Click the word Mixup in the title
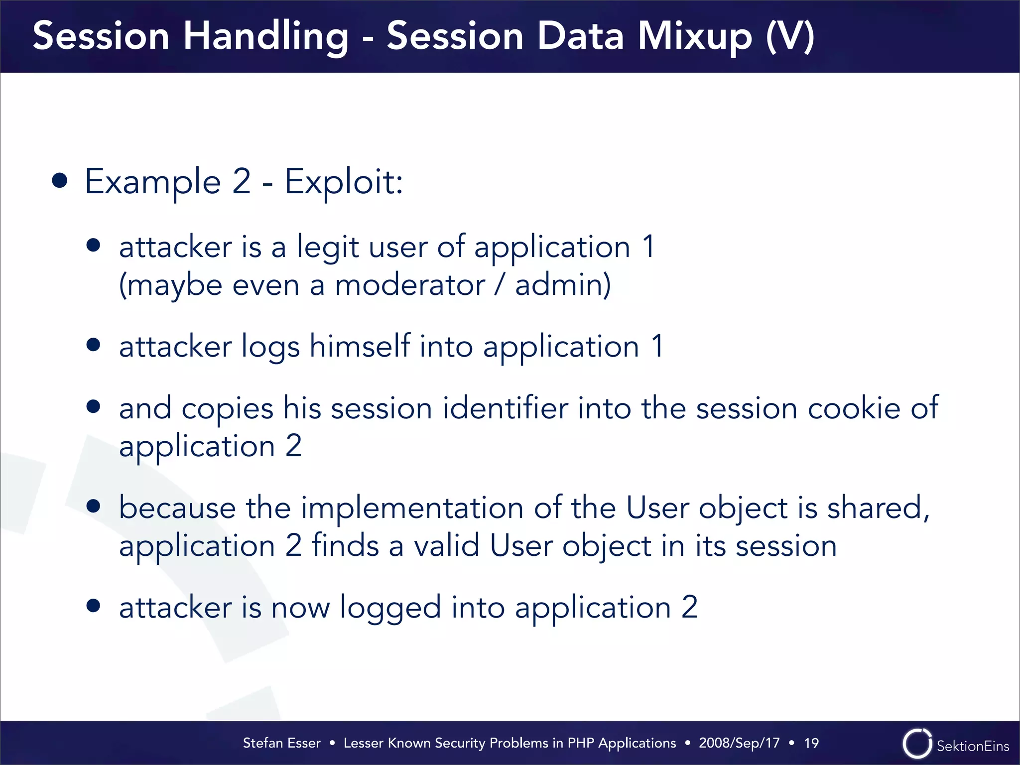coord(695,37)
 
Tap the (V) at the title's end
coord(790,37)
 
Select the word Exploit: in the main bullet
coord(344,182)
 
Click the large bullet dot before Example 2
coord(60,181)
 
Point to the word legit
coord(328,248)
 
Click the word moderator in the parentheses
coord(410,286)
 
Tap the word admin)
coord(563,286)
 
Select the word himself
coord(360,346)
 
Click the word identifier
coord(505,408)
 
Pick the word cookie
coord(854,408)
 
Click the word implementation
coord(412,508)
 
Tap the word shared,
coord(878,508)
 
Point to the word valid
coord(447,546)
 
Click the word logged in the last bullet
coord(390,608)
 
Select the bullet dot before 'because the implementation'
coord(93,507)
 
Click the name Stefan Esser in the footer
coord(281,743)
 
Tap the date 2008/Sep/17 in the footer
coord(739,743)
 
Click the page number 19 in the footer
coord(811,743)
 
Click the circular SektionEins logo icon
coord(917,744)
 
